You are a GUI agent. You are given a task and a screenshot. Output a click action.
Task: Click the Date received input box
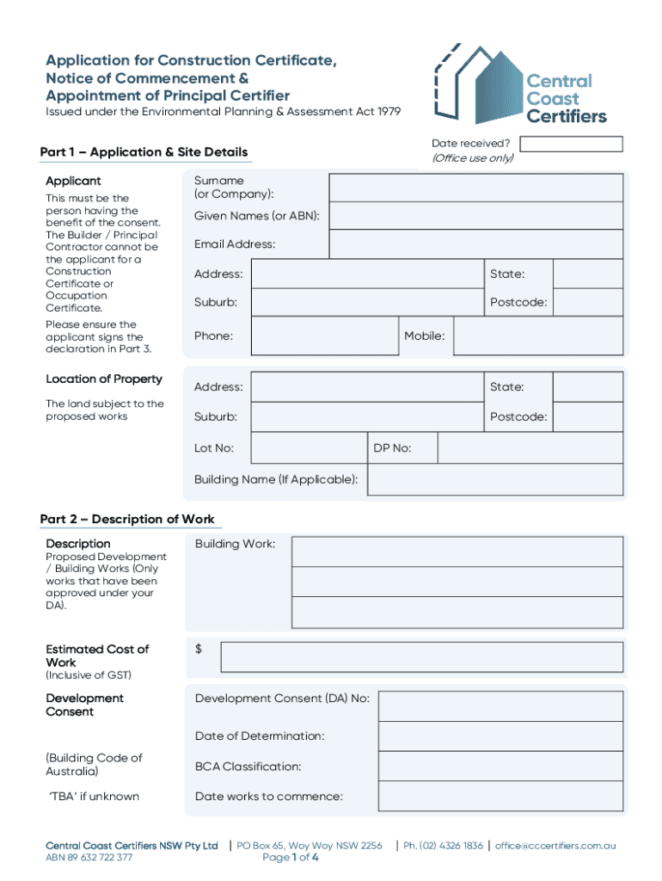pyautogui.click(x=572, y=144)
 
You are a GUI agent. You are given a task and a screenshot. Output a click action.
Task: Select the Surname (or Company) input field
pyautogui.click(x=476, y=187)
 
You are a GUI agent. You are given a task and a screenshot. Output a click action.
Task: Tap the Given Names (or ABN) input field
pyautogui.click(x=476, y=216)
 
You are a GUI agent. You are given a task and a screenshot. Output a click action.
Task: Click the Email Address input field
pyautogui.click(x=476, y=244)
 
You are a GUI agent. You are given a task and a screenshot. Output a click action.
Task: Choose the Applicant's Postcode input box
pyautogui.click(x=587, y=303)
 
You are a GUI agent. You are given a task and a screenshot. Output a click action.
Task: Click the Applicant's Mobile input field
pyautogui.click(x=537, y=336)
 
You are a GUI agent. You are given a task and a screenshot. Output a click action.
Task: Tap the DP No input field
pyautogui.click(x=530, y=448)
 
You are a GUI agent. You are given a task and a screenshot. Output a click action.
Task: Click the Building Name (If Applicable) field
pyautogui.click(x=494, y=480)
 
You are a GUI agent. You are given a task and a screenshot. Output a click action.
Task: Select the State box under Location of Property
pyautogui.click(x=587, y=387)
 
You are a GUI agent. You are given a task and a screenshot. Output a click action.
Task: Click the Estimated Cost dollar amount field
pyautogui.click(x=421, y=657)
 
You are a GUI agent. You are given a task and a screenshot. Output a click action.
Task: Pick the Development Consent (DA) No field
pyautogui.click(x=500, y=706)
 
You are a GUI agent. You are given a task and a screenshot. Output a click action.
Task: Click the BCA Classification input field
pyautogui.click(x=500, y=767)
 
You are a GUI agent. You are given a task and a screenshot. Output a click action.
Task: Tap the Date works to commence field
pyautogui.click(x=500, y=796)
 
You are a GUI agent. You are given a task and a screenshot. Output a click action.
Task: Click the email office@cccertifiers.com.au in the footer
pyautogui.click(x=555, y=846)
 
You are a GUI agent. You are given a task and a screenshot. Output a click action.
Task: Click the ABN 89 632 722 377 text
pyautogui.click(x=89, y=858)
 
